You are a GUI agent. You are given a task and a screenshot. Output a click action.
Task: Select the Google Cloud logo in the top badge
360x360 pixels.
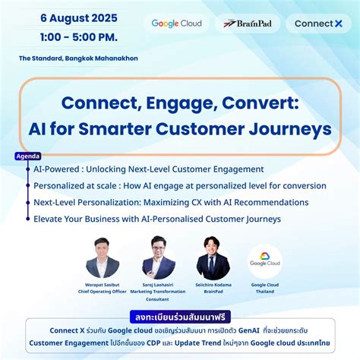click(176, 24)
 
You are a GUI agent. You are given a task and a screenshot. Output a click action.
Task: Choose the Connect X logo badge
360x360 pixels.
click(317, 24)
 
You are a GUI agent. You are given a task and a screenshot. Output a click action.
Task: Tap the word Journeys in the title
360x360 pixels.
click(289, 127)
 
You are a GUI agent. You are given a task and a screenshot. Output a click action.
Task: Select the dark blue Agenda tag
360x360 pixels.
click(28, 157)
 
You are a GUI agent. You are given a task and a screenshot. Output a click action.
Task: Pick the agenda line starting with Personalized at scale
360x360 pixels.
click(180, 186)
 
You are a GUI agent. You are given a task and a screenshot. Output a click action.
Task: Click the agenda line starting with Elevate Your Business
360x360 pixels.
click(157, 219)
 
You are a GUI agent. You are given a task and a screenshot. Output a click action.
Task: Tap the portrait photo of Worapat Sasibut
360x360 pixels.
click(101, 257)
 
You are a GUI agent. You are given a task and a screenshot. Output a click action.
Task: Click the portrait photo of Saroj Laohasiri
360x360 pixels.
click(158, 257)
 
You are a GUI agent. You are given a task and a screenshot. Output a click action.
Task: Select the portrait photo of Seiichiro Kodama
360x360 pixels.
click(213, 257)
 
